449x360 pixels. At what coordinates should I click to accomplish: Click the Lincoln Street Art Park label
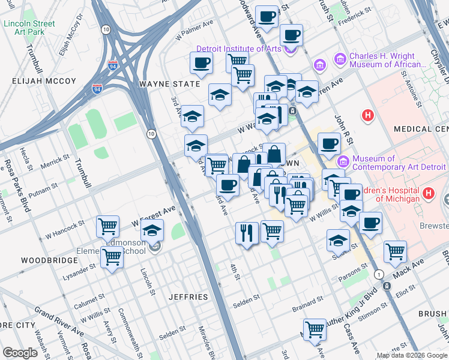coord(29,28)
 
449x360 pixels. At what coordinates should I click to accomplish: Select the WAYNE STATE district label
coord(169,85)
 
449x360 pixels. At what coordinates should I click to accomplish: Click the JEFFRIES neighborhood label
coord(188,297)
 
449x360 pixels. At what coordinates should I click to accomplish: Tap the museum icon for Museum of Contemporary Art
coord(343,160)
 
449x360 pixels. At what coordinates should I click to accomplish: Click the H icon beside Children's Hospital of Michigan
coord(428,193)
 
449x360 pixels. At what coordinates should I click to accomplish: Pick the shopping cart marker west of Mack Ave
coord(395,251)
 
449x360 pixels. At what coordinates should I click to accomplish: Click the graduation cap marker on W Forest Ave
coord(152,230)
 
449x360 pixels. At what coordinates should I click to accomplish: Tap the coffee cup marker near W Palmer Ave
coord(202,62)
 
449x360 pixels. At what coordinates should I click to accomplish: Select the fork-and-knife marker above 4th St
coord(247,232)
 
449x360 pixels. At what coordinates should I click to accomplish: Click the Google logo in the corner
coord(20,352)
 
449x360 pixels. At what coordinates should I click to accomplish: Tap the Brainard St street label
coord(307,299)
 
